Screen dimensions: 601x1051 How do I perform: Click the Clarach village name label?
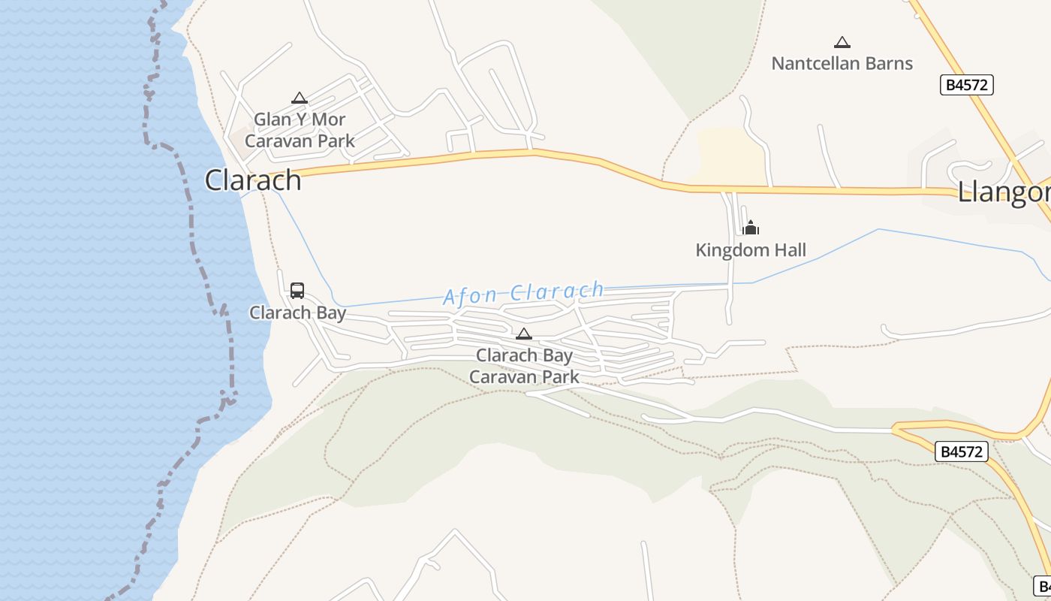253,180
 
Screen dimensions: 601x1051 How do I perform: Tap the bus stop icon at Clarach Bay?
297,291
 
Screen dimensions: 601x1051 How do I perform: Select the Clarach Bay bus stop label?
297,313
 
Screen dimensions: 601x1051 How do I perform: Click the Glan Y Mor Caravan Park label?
300,130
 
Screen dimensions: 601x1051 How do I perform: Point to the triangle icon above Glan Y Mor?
300,98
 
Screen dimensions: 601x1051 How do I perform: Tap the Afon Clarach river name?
524,293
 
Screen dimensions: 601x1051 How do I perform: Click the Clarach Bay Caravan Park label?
524,366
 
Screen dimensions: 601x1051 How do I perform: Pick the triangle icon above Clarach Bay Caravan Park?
524,334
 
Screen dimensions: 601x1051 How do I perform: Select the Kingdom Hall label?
751,250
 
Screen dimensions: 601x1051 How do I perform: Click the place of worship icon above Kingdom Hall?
751,228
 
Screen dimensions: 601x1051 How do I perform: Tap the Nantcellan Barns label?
842,64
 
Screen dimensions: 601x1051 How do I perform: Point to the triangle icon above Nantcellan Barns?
842,43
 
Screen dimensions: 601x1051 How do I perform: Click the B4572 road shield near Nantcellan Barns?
966,85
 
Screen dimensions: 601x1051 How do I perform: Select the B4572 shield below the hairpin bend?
961,452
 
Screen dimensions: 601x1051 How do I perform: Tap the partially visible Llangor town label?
1004,192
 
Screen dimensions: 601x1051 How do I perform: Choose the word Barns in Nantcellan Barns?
888,64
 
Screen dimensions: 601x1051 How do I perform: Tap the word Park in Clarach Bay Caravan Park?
560,376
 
